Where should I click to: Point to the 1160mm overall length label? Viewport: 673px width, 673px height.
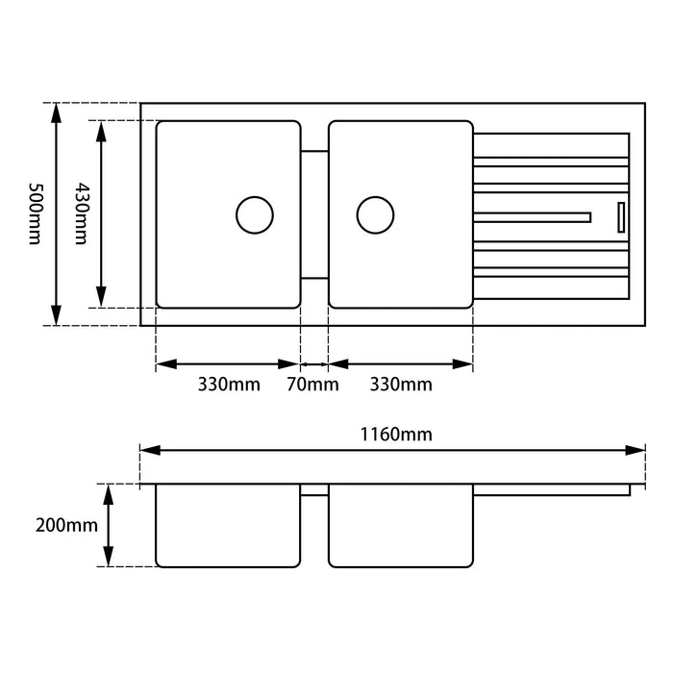396,434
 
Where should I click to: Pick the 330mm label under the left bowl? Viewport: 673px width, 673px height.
229,386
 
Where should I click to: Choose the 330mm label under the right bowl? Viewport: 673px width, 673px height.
401,386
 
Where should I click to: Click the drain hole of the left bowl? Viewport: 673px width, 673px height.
255,214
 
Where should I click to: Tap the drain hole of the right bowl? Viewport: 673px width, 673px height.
375,214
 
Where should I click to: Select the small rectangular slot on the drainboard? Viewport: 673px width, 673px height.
621,216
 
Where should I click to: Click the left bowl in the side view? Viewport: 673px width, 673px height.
228,525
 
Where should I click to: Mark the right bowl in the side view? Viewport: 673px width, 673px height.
401,525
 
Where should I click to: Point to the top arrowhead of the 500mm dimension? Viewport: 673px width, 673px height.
57,111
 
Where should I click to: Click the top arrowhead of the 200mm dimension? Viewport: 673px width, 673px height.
110,492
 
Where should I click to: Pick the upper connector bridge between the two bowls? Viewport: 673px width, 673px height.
314,151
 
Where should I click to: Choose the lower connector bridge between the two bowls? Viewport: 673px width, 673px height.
314,278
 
